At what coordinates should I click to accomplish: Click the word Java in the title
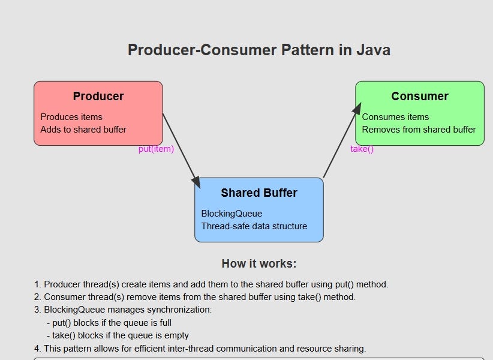click(372, 50)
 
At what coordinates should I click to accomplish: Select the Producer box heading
click(98, 96)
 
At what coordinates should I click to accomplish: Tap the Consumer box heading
click(420, 96)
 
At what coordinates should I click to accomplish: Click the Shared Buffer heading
click(259, 193)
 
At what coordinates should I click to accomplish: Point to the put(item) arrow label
click(156, 149)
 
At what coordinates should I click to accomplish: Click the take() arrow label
click(362, 149)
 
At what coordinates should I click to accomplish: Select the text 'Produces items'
click(71, 117)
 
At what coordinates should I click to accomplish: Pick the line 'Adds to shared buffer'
click(83, 129)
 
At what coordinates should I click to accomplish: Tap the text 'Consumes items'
click(395, 117)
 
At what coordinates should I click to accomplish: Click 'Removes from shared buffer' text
click(419, 129)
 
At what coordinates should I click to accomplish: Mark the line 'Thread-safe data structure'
click(254, 226)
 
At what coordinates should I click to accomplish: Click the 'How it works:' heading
click(259, 263)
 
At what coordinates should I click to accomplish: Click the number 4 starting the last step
click(37, 349)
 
